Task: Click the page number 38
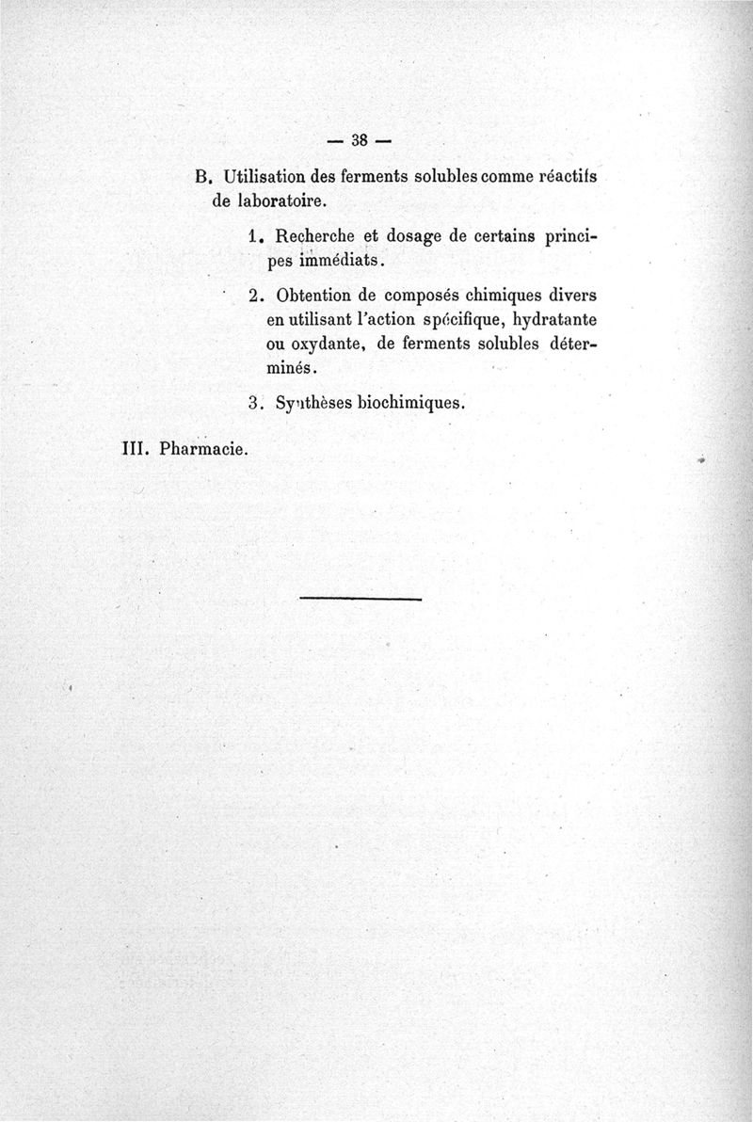click(x=358, y=140)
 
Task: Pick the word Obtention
click(x=315, y=294)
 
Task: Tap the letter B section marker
click(x=200, y=176)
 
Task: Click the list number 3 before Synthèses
click(x=254, y=402)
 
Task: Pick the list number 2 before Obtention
click(x=254, y=294)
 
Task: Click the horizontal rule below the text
click(x=360, y=598)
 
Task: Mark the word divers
click(x=575, y=294)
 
